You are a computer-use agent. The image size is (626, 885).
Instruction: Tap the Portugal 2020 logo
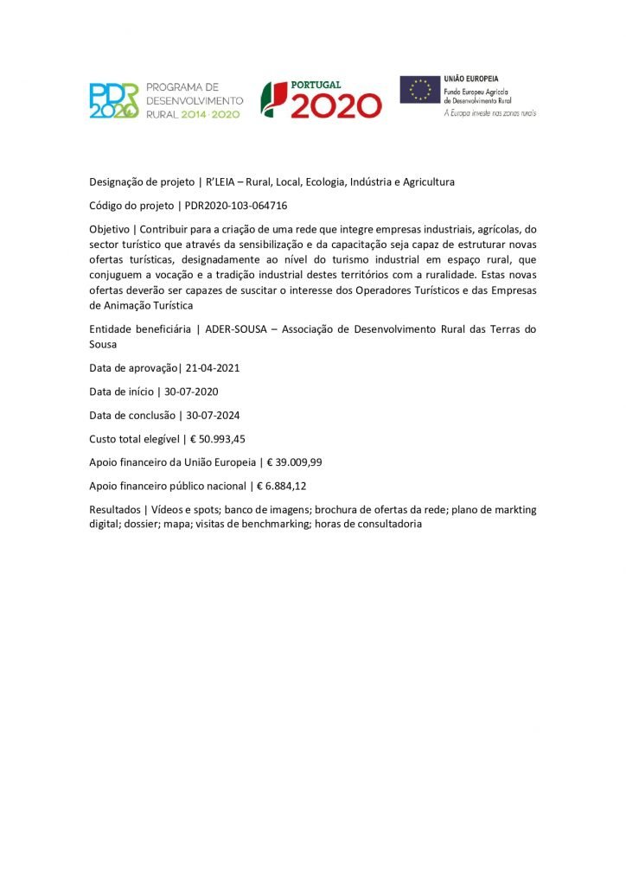pyautogui.click(x=322, y=99)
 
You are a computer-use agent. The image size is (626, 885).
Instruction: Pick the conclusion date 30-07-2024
pyautogui.click(x=216, y=414)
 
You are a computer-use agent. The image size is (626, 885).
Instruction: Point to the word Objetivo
pyautogui.click(x=110, y=230)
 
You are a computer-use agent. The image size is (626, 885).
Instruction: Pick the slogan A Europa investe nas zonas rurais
pyautogui.click(x=489, y=113)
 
